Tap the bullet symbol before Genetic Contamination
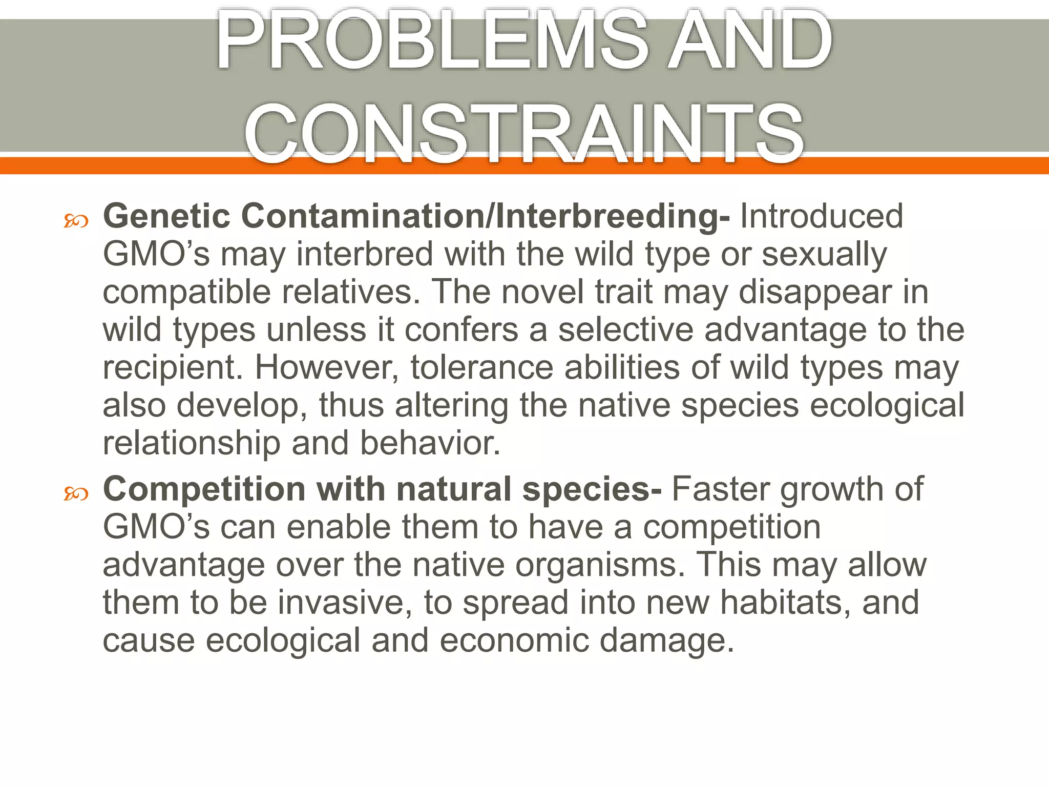point(76,221)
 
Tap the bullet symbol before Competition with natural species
point(76,494)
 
